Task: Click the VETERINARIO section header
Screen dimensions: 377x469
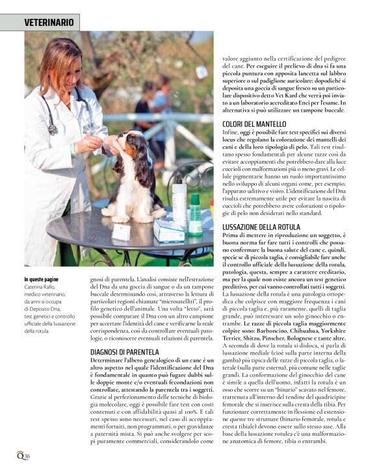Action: click(x=49, y=23)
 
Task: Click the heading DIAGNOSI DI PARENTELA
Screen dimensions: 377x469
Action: click(x=124, y=351)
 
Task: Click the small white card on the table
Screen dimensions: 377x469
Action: click(x=121, y=231)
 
